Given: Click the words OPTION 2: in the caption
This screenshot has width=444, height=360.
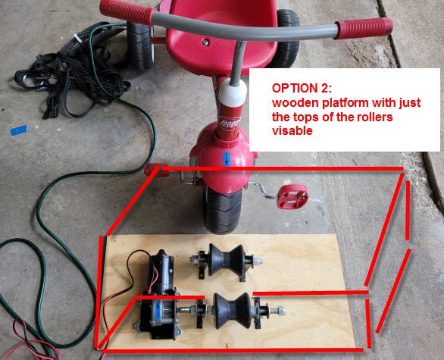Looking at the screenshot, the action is [x=302, y=89].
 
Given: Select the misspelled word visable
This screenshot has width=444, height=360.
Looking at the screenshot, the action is [x=292, y=130].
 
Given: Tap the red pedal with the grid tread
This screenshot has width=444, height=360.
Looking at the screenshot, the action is [x=292, y=196].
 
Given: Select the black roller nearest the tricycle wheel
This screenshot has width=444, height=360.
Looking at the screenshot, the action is [x=227, y=260].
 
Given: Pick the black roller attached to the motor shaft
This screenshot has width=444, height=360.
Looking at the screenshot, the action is [x=232, y=311].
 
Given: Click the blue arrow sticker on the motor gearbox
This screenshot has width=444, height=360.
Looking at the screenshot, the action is [x=157, y=310].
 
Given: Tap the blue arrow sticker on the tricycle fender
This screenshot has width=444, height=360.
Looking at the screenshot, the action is [x=227, y=159].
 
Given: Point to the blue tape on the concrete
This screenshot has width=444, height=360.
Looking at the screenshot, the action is [x=19, y=130].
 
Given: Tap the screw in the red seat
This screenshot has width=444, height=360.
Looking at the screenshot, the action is [x=206, y=42].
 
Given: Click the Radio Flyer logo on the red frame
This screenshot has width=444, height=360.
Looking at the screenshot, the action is [x=231, y=123].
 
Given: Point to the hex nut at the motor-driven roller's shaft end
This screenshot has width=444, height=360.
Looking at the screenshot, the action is [x=280, y=311].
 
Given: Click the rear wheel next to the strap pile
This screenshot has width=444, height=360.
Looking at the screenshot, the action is [x=140, y=45].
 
